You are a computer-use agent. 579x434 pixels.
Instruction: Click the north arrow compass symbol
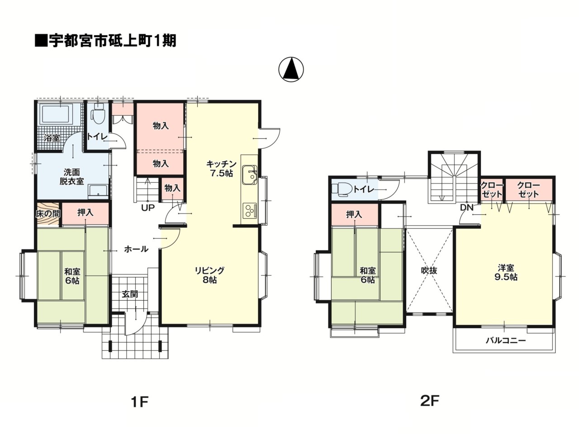[291, 70]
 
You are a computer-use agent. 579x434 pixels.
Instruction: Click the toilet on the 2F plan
[342, 189]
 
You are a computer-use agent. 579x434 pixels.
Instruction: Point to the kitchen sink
[248, 175]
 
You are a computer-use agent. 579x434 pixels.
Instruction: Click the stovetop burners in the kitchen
[249, 210]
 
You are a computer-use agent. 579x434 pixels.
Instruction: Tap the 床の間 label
[47, 213]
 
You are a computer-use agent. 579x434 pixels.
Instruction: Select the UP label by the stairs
[147, 208]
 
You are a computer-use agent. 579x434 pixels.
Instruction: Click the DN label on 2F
[467, 208]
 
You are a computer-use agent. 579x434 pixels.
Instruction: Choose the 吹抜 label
[429, 271]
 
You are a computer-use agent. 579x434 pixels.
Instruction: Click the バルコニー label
[506, 340]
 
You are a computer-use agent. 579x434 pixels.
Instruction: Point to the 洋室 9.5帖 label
[506, 272]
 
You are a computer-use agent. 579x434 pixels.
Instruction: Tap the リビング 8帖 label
[209, 275]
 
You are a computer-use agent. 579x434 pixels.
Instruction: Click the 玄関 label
[130, 294]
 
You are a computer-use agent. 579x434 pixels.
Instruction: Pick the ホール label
[136, 249]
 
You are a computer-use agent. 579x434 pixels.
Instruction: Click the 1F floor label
[139, 401]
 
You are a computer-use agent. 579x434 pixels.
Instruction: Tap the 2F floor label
[430, 400]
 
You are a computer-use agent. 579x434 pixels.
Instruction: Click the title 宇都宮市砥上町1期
[105, 41]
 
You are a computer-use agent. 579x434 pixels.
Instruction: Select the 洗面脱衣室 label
[71, 176]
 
